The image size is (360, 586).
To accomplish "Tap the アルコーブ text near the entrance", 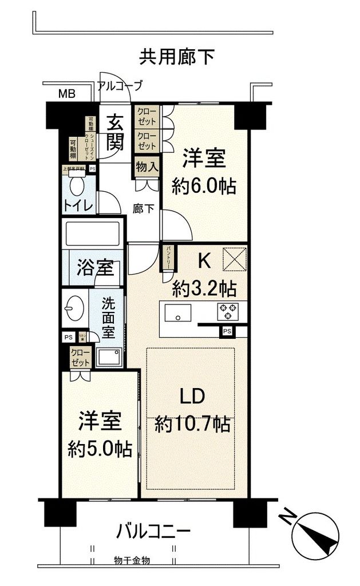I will click(x=120, y=86).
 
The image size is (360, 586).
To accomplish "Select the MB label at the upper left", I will click(x=68, y=94).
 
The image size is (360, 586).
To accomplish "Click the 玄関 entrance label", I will click(x=116, y=132).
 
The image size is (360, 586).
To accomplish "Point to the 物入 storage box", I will click(x=146, y=168).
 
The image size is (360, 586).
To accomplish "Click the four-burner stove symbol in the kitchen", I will click(x=227, y=312).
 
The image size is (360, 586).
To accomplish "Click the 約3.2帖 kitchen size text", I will click(x=204, y=288).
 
